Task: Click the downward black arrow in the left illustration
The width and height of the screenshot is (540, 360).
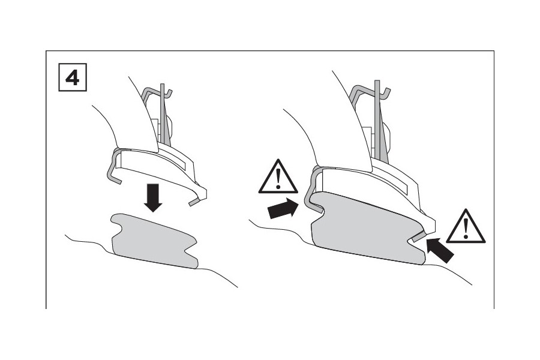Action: coord(154,198)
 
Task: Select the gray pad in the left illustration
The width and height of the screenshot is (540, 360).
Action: coord(153,240)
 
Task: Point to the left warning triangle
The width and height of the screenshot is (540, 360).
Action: coord(278,178)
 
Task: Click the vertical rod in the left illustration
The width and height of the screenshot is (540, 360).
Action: coord(163,120)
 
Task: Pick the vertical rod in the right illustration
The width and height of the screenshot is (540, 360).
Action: coord(377,120)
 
